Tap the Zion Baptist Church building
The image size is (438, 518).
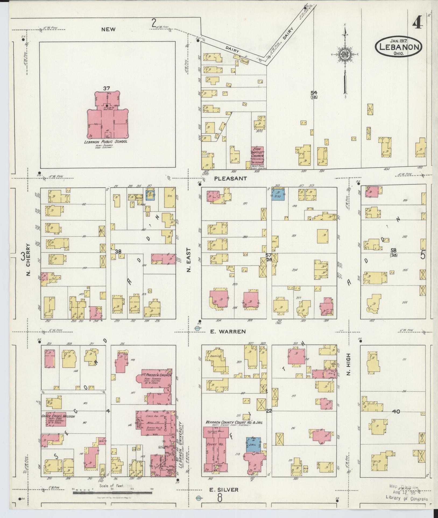click(x=257, y=156)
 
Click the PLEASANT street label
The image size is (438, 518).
click(x=231, y=178)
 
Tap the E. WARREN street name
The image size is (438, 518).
click(x=228, y=332)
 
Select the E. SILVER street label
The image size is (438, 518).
click(x=224, y=490)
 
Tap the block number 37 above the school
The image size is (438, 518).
click(x=106, y=88)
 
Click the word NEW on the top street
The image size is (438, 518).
click(x=108, y=30)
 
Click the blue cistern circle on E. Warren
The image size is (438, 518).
click(x=197, y=328)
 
